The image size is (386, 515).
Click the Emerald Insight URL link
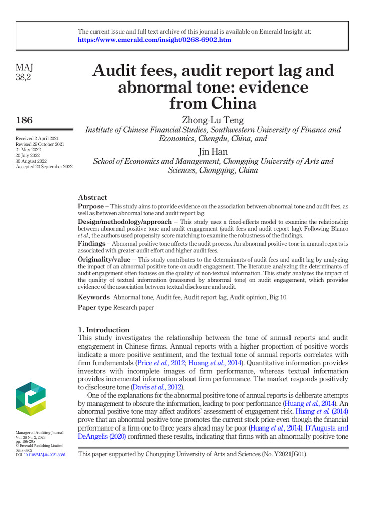coord(154,40)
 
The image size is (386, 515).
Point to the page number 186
coord(25,120)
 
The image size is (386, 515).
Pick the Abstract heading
coord(92,197)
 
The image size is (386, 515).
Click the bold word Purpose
coord(91,207)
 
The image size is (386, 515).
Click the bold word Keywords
coord(93,297)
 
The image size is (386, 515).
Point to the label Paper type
coord(94,307)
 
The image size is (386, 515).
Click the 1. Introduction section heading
coord(104,330)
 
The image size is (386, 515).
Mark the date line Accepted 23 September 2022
coord(44,166)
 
